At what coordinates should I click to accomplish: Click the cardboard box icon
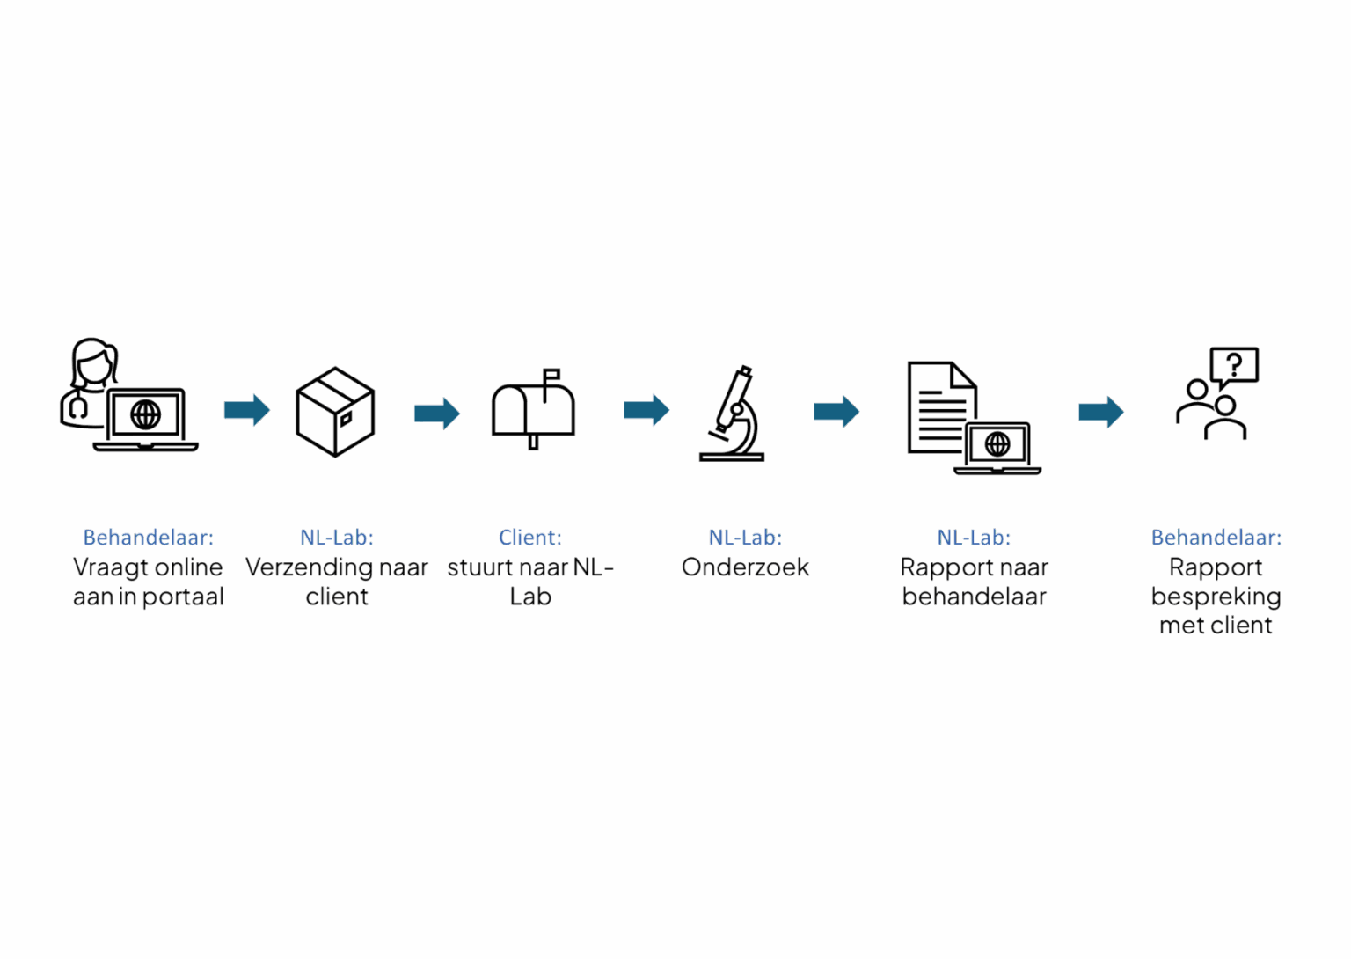pos(335,412)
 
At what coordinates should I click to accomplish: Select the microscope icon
pos(733,414)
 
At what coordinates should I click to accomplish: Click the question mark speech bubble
pos(1235,364)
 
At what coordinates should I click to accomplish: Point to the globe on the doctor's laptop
pos(145,414)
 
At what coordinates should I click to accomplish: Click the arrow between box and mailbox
pos(436,413)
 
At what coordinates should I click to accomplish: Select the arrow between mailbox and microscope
pos(646,410)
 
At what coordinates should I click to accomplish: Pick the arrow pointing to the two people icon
pos(1100,412)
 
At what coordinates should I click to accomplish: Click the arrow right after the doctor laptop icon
pos(246,410)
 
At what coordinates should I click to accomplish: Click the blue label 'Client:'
pos(529,537)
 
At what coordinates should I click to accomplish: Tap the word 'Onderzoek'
pos(745,567)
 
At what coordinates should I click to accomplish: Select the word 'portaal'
pos(183,597)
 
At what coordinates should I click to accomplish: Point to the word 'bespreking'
pos(1216,597)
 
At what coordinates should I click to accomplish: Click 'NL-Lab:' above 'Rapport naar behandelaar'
pos(974,537)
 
